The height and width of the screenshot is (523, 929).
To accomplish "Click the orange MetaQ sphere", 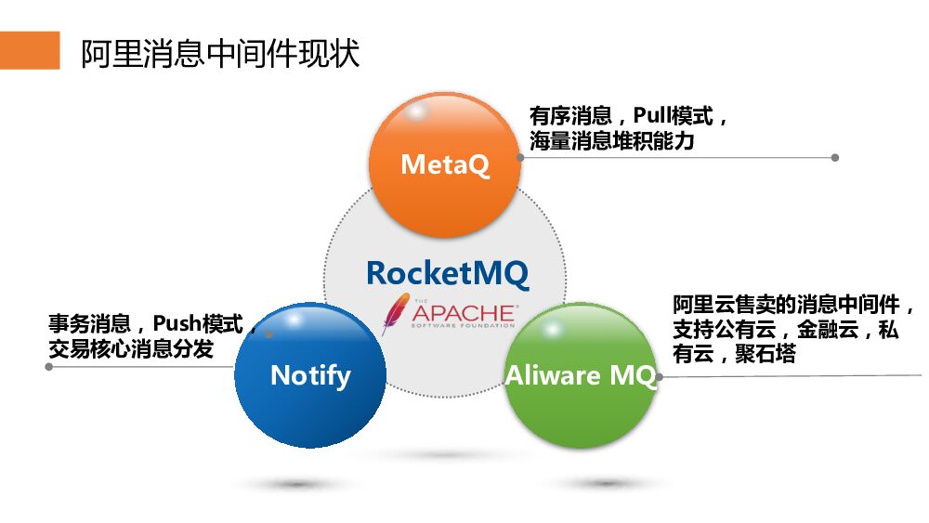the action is (x=444, y=163).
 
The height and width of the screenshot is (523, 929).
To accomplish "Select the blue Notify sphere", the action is (x=309, y=374).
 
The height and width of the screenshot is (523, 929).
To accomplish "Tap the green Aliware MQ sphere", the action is (x=580, y=375).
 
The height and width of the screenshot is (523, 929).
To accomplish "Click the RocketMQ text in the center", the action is (x=447, y=273).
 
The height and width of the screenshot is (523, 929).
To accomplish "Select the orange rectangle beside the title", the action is (x=30, y=51).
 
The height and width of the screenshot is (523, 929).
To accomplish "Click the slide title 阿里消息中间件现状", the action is (x=219, y=53).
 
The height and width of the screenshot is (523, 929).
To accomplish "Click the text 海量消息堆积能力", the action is (x=611, y=142).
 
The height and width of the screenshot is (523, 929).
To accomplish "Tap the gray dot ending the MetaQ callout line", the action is (x=834, y=158).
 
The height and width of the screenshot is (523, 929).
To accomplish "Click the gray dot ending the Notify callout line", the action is (x=49, y=367).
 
